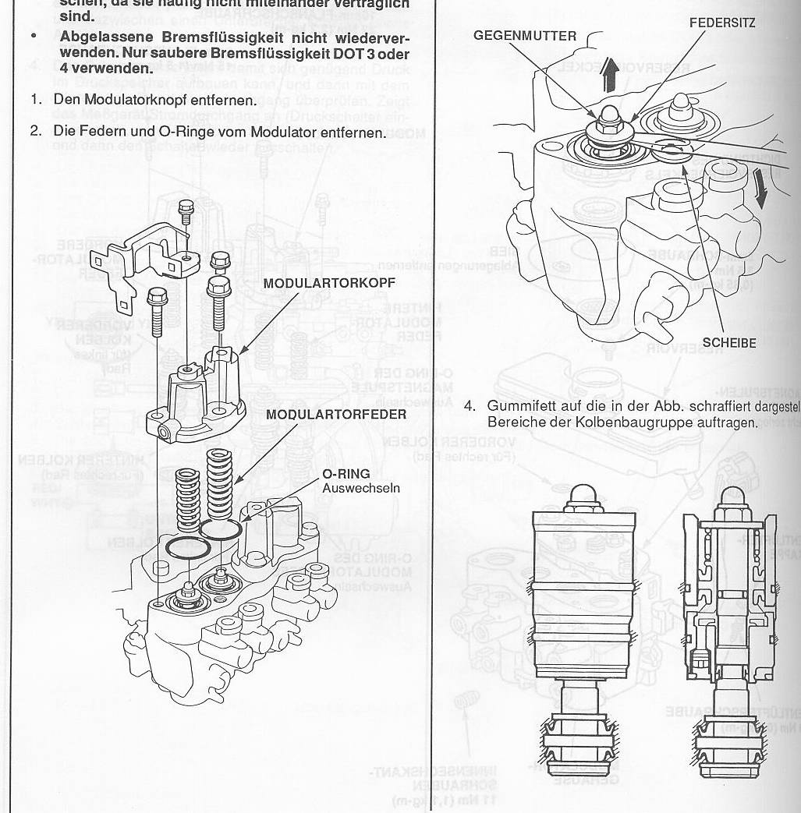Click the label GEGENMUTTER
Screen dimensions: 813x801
tap(525, 36)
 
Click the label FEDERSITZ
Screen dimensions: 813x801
tap(721, 23)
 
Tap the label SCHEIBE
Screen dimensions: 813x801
tap(729, 342)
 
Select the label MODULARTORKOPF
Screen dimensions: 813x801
tap(329, 282)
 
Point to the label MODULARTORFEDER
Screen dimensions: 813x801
tap(336, 414)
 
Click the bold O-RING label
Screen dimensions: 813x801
tap(346, 473)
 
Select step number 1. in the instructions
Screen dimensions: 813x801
tap(36, 101)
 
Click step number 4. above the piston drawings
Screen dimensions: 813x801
tap(470, 406)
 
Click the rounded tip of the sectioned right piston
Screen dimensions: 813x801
tap(733, 495)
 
